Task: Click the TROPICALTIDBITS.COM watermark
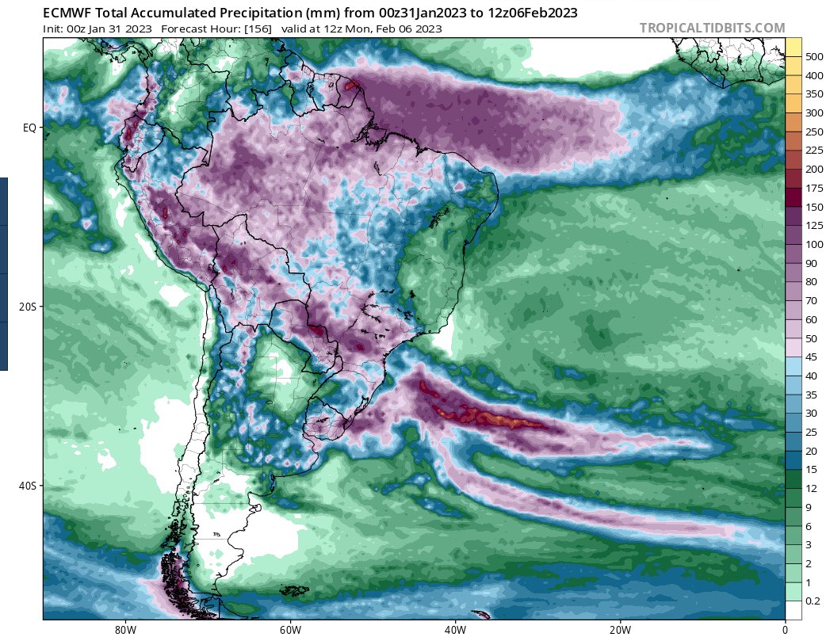coord(712,29)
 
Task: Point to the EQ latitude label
coord(29,127)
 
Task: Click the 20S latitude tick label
coord(27,307)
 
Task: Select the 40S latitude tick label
coord(27,486)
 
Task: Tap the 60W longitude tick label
coord(290,629)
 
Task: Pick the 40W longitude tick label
coord(455,629)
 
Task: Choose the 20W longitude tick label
coord(620,629)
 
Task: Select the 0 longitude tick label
coord(785,629)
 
